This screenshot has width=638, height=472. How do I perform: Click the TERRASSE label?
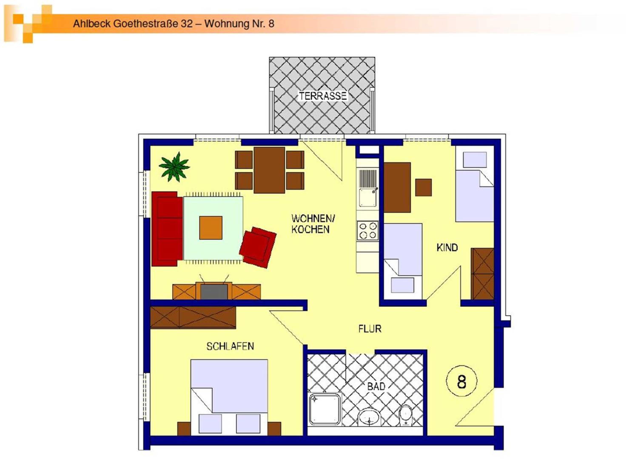tap(323, 96)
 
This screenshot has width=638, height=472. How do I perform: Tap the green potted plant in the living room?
tap(174, 167)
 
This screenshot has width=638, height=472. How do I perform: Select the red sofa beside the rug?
tap(167, 229)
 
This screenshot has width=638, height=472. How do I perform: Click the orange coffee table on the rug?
tap(211, 228)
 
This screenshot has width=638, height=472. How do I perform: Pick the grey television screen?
tap(214, 291)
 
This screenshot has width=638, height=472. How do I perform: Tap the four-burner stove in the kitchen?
tap(367, 230)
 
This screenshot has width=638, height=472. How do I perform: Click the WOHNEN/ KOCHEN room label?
tap(313, 224)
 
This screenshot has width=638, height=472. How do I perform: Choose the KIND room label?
tap(447, 247)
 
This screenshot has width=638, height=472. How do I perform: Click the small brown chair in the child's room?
tap(423, 187)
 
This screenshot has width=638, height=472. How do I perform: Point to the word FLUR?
tap(370, 329)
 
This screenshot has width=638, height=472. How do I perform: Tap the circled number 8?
tap(461, 381)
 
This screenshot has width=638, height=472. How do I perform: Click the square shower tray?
tap(325, 409)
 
